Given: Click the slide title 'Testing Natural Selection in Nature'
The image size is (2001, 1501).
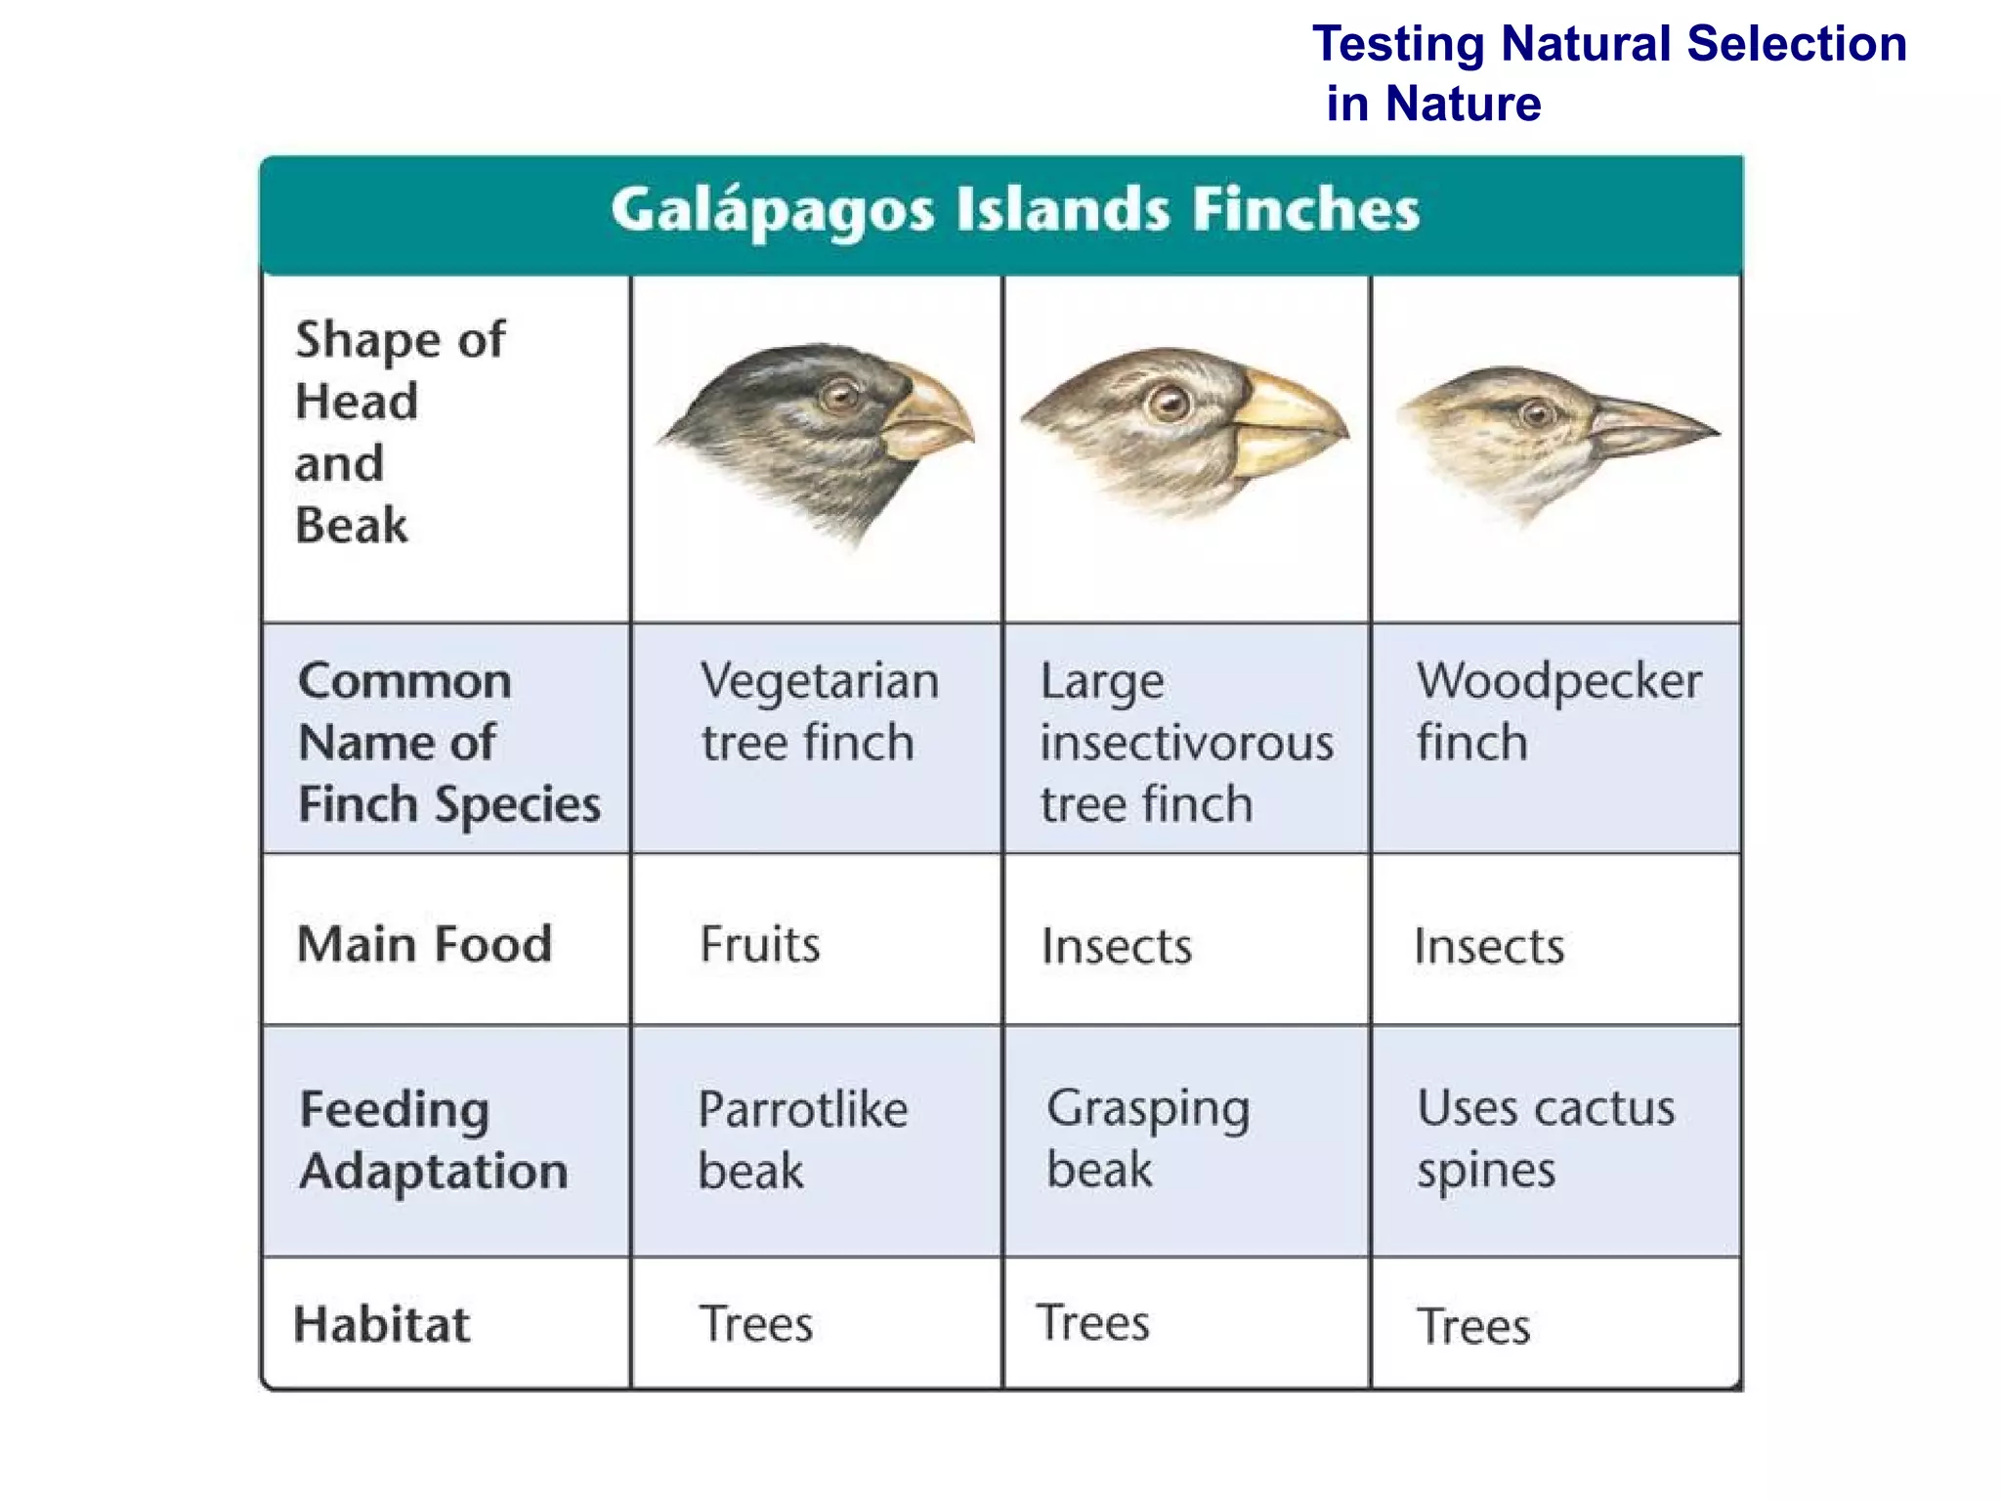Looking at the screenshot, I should click(x=1608, y=73).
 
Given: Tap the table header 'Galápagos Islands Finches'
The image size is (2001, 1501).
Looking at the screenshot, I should click(x=1015, y=210).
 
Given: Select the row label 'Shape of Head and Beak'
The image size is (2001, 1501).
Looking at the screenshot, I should click(x=401, y=432).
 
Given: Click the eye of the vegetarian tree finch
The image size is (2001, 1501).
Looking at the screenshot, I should click(x=838, y=396).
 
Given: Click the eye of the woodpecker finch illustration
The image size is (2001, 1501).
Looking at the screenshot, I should click(x=1538, y=413).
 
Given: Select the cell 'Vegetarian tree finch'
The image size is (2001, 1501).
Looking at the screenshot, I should click(x=819, y=711).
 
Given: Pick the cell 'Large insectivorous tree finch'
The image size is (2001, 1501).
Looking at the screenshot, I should click(x=1186, y=742).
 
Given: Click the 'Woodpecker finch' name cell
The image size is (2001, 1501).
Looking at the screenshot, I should click(x=1558, y=711).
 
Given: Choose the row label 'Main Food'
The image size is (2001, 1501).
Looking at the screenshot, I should click(x=424, y=944).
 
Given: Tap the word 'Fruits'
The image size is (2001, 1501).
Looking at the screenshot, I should click(x=760, y=945).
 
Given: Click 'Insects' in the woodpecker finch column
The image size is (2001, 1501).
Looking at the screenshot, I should click(x=1489, y=946).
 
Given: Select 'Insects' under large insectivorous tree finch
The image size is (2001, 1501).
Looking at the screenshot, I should click(x=1117, y=946).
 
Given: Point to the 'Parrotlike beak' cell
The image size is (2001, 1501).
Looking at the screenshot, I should click(x=802, y=1139).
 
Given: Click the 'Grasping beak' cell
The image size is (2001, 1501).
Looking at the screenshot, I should click(x=1148, y=1138).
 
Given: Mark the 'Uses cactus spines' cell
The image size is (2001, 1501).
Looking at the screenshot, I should click(x=1546, y=1138).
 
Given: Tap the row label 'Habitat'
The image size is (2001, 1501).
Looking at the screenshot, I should click(x=382, y=1324).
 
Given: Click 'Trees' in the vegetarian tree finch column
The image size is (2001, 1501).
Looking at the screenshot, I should click(x=756, y=1324).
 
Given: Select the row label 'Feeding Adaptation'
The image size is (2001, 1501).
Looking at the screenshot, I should click(x=433, y=1139).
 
